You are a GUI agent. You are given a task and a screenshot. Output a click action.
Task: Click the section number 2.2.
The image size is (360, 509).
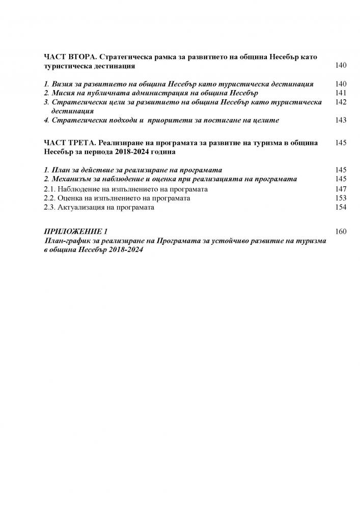coord(50,198)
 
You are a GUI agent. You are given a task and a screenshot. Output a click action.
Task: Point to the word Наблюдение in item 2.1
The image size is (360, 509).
coord(80,189)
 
